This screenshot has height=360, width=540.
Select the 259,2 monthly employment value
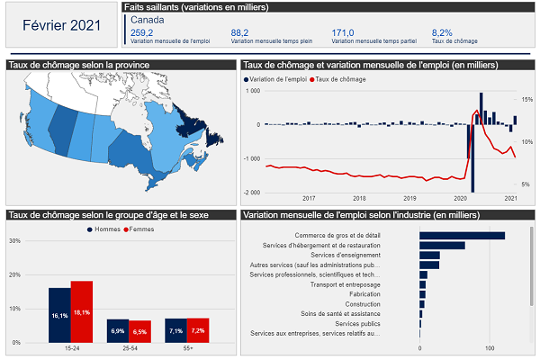[x=142, y=31]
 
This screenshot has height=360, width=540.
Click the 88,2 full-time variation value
[x=239, y=31]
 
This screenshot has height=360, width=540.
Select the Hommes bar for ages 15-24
[x=59, y=315]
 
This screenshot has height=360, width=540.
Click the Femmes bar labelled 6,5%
[x=140, y=331]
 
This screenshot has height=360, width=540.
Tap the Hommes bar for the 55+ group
[x=175, y=330]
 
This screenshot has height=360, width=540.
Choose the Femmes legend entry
[x=139, y=229]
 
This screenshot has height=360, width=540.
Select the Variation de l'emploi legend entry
[x=274, y=80]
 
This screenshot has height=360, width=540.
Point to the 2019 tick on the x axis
[x=409, y=198]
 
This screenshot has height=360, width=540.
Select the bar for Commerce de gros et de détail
[x=462, y=236]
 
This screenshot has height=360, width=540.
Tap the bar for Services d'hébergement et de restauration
[x=442, y=245]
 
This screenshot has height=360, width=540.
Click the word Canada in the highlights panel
[x=147, y=19]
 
